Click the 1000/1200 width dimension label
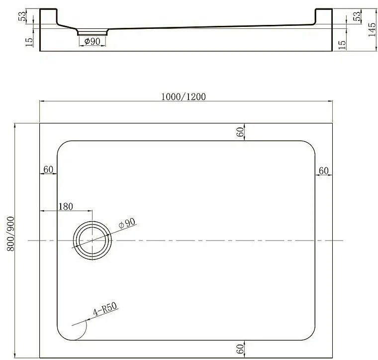coord(184,97)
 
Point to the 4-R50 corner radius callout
coord(104,311)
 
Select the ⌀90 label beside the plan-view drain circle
coord(127,225)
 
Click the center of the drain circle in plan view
coord(93,240)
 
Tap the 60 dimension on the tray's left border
coord(48,169)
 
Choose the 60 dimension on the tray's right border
coord(323,170)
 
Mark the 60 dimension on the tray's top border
coord(240,132)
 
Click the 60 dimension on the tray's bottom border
coord(240,349)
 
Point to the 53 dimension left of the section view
coord(22,17)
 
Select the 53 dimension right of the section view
coord(356,17)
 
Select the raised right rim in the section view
coord(323,16)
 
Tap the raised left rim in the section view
coord(48,16)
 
